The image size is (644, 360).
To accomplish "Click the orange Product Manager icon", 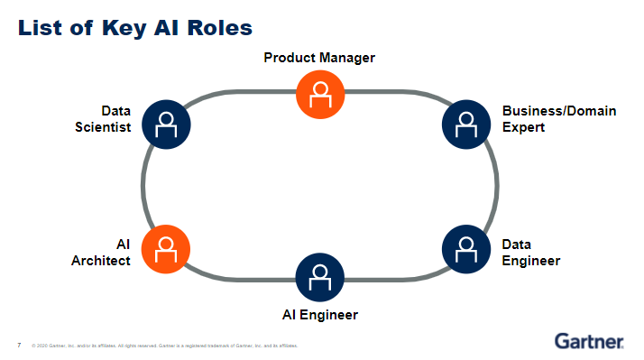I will [320, 93].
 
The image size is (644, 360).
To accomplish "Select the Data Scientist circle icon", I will [166, 123].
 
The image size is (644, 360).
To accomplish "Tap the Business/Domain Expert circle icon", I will [466, 123].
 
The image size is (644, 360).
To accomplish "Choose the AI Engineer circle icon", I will [320, 277].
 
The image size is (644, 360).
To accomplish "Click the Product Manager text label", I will [319, 58].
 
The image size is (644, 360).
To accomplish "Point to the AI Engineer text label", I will [319, 315].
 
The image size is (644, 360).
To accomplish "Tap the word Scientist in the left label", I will [103, 127].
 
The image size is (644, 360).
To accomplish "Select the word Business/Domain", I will [559, 111].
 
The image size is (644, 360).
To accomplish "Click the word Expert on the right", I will [524, 127].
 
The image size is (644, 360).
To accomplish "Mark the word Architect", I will [101, 261].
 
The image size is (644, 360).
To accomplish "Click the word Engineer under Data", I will [531, 261].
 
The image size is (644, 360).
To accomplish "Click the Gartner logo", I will [589, 342].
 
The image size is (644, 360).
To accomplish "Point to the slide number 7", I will [19, 345].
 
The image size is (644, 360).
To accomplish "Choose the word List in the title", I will [41, 27].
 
